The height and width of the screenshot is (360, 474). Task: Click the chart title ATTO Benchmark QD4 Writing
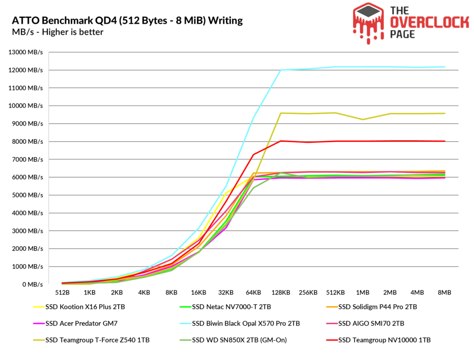(x=127, y=20)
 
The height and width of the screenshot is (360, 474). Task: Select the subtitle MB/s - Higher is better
(x=58, y=32)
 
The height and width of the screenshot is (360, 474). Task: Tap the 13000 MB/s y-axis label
(x=26, y=52)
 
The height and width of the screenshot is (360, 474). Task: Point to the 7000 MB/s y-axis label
(x=27, y=159)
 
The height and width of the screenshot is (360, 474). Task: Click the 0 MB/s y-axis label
(x=33, y=284)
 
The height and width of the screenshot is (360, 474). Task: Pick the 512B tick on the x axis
(x=62, y=292)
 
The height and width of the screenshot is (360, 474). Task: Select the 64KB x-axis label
(x=253, y=292)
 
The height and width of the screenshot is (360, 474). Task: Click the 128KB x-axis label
(x=281, y=292)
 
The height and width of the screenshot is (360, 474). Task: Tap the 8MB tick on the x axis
(x=445, y=292)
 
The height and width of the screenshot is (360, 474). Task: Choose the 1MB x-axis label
(x=363, y=292)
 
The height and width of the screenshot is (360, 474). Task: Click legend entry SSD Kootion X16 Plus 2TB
(x=79, y=307)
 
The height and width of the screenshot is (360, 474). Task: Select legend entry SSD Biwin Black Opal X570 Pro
(x=240, y=323)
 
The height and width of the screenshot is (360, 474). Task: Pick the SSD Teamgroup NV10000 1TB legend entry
(x=379, y=340)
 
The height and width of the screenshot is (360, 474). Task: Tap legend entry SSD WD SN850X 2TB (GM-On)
(x=233, y=340)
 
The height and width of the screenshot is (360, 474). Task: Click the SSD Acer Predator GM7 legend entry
(x=75, y=323)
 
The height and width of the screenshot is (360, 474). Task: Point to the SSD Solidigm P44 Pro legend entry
(x=372, y=307)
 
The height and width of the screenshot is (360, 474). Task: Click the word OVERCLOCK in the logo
(x=429, y=23)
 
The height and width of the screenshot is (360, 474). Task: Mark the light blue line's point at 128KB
(x=281, y=70)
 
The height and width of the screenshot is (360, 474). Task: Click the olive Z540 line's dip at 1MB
(x=363, y=120)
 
